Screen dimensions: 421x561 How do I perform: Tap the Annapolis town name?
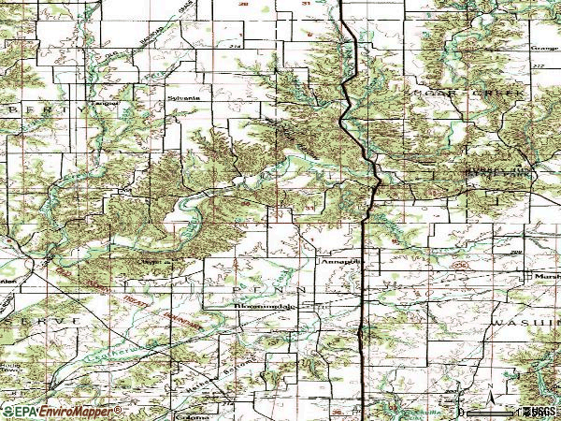tap(334, 263)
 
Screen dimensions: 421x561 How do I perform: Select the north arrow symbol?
tap(489, 387)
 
